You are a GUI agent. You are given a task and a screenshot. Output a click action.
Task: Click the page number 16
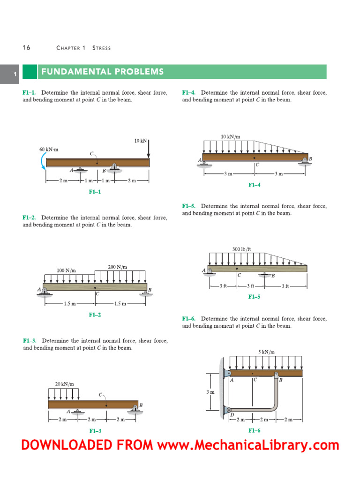point(26,48)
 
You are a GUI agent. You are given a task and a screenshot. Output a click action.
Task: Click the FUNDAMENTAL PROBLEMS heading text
point(102,72)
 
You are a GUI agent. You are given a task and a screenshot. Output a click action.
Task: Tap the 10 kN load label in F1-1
point(141,140)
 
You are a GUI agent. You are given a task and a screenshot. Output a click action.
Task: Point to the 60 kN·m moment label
point(49,150)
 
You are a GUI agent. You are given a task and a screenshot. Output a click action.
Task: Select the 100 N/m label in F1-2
point(66,270)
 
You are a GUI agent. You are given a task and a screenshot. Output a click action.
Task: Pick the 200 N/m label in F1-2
point(117,267)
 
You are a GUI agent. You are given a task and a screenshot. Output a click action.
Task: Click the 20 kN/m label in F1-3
point(64,383)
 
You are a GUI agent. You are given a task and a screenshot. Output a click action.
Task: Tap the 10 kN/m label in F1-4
point(230,137)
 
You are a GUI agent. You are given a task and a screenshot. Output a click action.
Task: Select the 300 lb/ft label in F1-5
point(242,249)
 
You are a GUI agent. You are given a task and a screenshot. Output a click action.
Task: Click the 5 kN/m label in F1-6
point(266,352)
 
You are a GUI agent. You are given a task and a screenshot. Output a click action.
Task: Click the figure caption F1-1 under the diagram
point(95,192)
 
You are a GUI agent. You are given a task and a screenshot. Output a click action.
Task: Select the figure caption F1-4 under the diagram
point(254,185)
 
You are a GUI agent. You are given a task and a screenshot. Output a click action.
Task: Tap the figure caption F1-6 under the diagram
point(254,430)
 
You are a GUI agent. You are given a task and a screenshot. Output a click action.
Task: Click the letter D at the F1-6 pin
point(231,414)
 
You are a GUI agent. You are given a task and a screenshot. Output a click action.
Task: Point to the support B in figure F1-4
point(305,160)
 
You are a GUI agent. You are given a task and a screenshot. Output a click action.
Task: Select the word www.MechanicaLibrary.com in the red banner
point(247,445)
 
